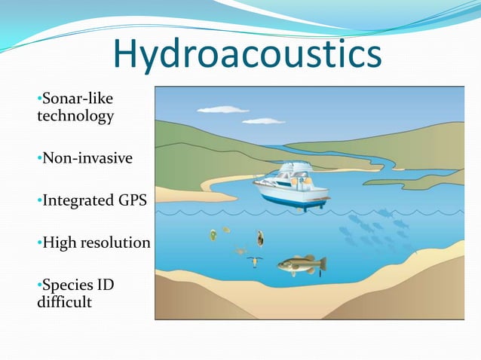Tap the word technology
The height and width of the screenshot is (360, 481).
pos(75,116)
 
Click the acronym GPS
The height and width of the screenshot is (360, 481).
pos(131,201)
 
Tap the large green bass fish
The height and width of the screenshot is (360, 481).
pos(300,264)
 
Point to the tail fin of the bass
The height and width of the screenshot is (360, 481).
pos(322,263)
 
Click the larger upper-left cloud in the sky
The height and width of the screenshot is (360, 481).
pos(222,110)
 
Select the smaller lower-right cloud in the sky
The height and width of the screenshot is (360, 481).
pos(263,121)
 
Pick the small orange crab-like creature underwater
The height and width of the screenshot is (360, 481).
pos(240,251)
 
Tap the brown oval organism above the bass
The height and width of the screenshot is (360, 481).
pos(261,239)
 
